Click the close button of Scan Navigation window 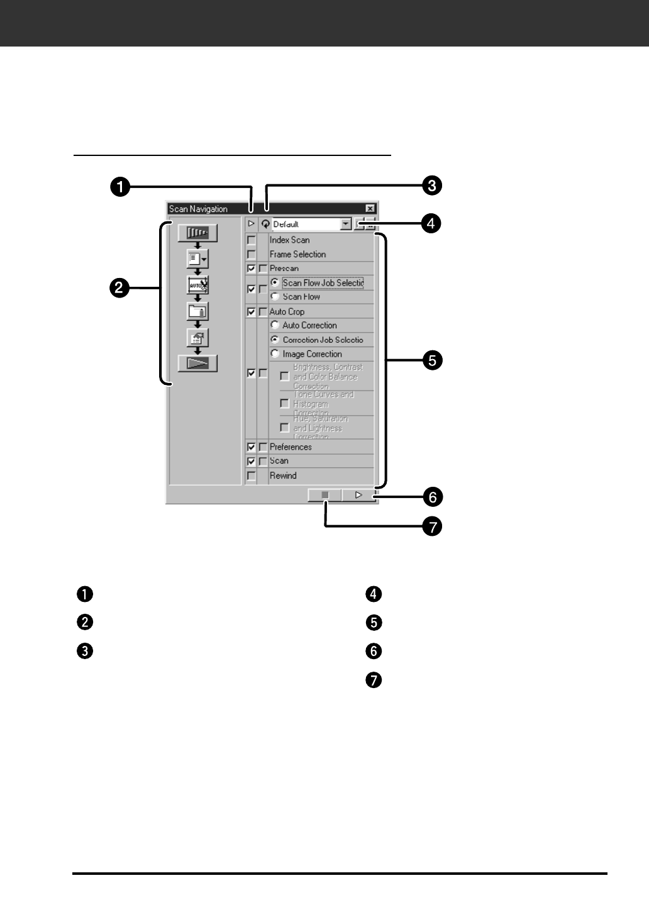tap(370, 209)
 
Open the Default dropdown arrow tap(345, 224)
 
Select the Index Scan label tap(289, 240)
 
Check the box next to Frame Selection tap(252, 254)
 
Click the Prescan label tap(284, 269)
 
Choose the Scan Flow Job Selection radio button tap(275, 282)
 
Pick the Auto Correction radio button tap(275, 325)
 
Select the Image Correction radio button tap(275, 353)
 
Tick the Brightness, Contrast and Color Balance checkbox tap(285, 376)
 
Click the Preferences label tap(291, 447)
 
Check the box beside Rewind tap(252, 476)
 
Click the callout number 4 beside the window tap(431, 223)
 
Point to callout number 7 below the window tap(432, 526)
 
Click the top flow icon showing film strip tap(197, 233)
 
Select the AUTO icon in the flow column tap(197, 285)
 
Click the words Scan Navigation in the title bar tap(198, 209)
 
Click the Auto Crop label tap(287, 311)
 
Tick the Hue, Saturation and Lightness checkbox tap(285, 428)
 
